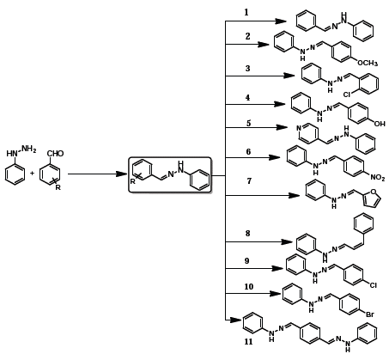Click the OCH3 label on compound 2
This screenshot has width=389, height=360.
click(x=368, y=63)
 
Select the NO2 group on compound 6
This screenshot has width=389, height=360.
click(x=378, y=178)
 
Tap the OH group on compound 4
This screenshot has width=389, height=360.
click(x=380, y=124)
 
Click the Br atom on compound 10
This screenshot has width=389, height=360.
click(x=370, y=314)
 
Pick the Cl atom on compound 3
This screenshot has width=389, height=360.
click(x=347, y=95)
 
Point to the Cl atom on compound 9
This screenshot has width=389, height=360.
click(x=374, y=285)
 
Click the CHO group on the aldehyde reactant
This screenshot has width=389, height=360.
click(x=55, y=154)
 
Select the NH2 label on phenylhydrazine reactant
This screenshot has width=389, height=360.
click(x=29, y=149)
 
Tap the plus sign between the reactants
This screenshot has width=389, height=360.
click(x=32, y=173)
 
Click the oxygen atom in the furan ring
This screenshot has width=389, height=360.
click(x=373, y=192)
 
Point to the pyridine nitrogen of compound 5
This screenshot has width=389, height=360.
click(x=299, y=128)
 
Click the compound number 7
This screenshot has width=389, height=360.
click(x=249, y=181)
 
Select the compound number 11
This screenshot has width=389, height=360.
click(x=248, y=341)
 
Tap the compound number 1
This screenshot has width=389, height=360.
click(x=246, y=12)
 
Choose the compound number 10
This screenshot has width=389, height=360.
click(x=249, y=287)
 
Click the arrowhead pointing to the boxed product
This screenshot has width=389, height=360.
click(x=122, y=174)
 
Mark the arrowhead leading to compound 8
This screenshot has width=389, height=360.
click(x=287, y=242)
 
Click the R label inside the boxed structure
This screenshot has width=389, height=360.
click(x=132, y=181)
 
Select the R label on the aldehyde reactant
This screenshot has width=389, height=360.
click(x=58, y=187)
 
